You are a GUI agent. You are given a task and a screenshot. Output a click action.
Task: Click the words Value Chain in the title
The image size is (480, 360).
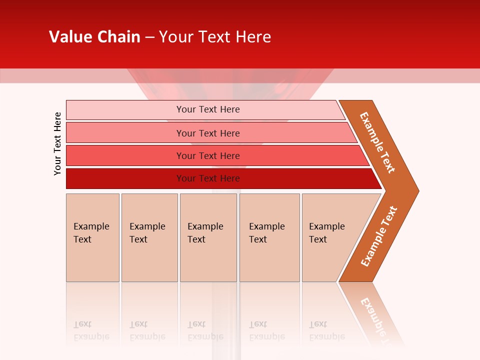(x=94, y=37)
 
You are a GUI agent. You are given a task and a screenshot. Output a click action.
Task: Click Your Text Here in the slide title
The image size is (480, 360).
(x=215, y=37)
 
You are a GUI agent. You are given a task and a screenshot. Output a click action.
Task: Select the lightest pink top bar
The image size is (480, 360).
(x=125, y=109)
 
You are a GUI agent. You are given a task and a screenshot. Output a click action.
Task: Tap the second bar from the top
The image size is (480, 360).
(x=125, y=133)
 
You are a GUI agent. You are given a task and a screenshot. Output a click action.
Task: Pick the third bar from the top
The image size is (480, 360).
(x=125, y=155)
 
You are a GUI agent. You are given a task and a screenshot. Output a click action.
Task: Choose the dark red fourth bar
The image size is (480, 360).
(x=125, y=178)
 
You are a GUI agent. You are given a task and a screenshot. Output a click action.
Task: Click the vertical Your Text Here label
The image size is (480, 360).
(x=57, y=143)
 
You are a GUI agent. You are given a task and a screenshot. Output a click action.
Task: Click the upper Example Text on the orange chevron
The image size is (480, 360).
(x=377, y=142)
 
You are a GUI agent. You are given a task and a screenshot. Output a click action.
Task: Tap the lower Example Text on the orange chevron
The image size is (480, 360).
(x=379, y=236)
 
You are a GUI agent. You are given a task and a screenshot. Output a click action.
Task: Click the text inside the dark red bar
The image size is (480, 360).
(x=208, y=178)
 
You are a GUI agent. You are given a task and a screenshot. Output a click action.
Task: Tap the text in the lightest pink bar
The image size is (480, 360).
(x=208, y=109)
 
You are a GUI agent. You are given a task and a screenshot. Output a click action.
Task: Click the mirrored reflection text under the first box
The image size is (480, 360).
(x=91, y=330)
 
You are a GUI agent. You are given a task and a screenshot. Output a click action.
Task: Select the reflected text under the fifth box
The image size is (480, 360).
(x=327, y=330)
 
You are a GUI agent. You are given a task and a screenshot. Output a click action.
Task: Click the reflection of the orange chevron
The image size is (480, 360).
(x=372, y=312)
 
